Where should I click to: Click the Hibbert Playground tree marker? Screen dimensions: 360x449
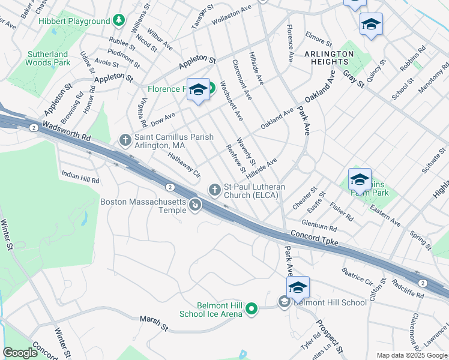tap(119, 21)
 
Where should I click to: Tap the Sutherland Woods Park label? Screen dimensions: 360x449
tap(49, 58)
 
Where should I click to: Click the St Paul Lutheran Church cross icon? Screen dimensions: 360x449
tap(214, 190)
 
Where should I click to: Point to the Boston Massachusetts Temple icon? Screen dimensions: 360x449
tap(195, 206)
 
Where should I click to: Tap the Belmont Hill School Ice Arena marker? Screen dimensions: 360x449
tap(252, 310)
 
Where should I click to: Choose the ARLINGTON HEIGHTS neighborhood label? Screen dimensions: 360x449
tap(329, 58)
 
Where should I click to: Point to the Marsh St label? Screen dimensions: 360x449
tap(154, 322)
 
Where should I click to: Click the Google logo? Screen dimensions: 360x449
tap(20, 353)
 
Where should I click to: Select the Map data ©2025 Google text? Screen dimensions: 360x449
tap(411, 355)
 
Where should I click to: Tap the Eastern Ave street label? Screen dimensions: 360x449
tap(385, 214)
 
